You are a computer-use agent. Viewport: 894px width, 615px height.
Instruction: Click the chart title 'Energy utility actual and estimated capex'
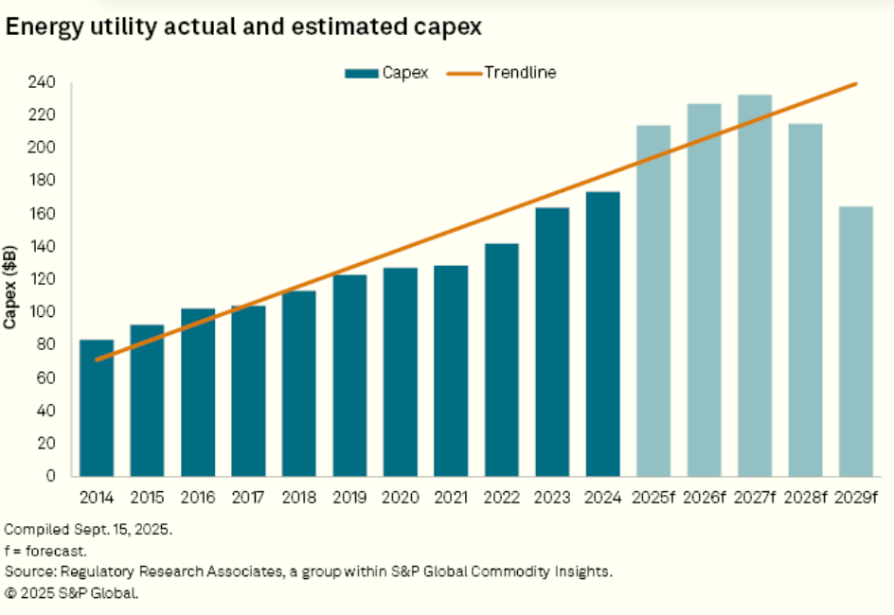coord(244,27)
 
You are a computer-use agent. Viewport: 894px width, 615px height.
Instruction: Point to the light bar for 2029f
coord(856,341)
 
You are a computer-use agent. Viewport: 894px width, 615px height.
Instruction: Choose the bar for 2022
coord(502,360)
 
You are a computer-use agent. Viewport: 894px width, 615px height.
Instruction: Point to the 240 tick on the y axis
coord(44,83)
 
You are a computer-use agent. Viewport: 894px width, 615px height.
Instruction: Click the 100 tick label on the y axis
coord(44,312)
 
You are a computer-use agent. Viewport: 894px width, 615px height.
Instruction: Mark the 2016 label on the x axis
coord(198,498)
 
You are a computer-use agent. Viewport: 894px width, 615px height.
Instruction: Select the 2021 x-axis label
coord(451,498)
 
